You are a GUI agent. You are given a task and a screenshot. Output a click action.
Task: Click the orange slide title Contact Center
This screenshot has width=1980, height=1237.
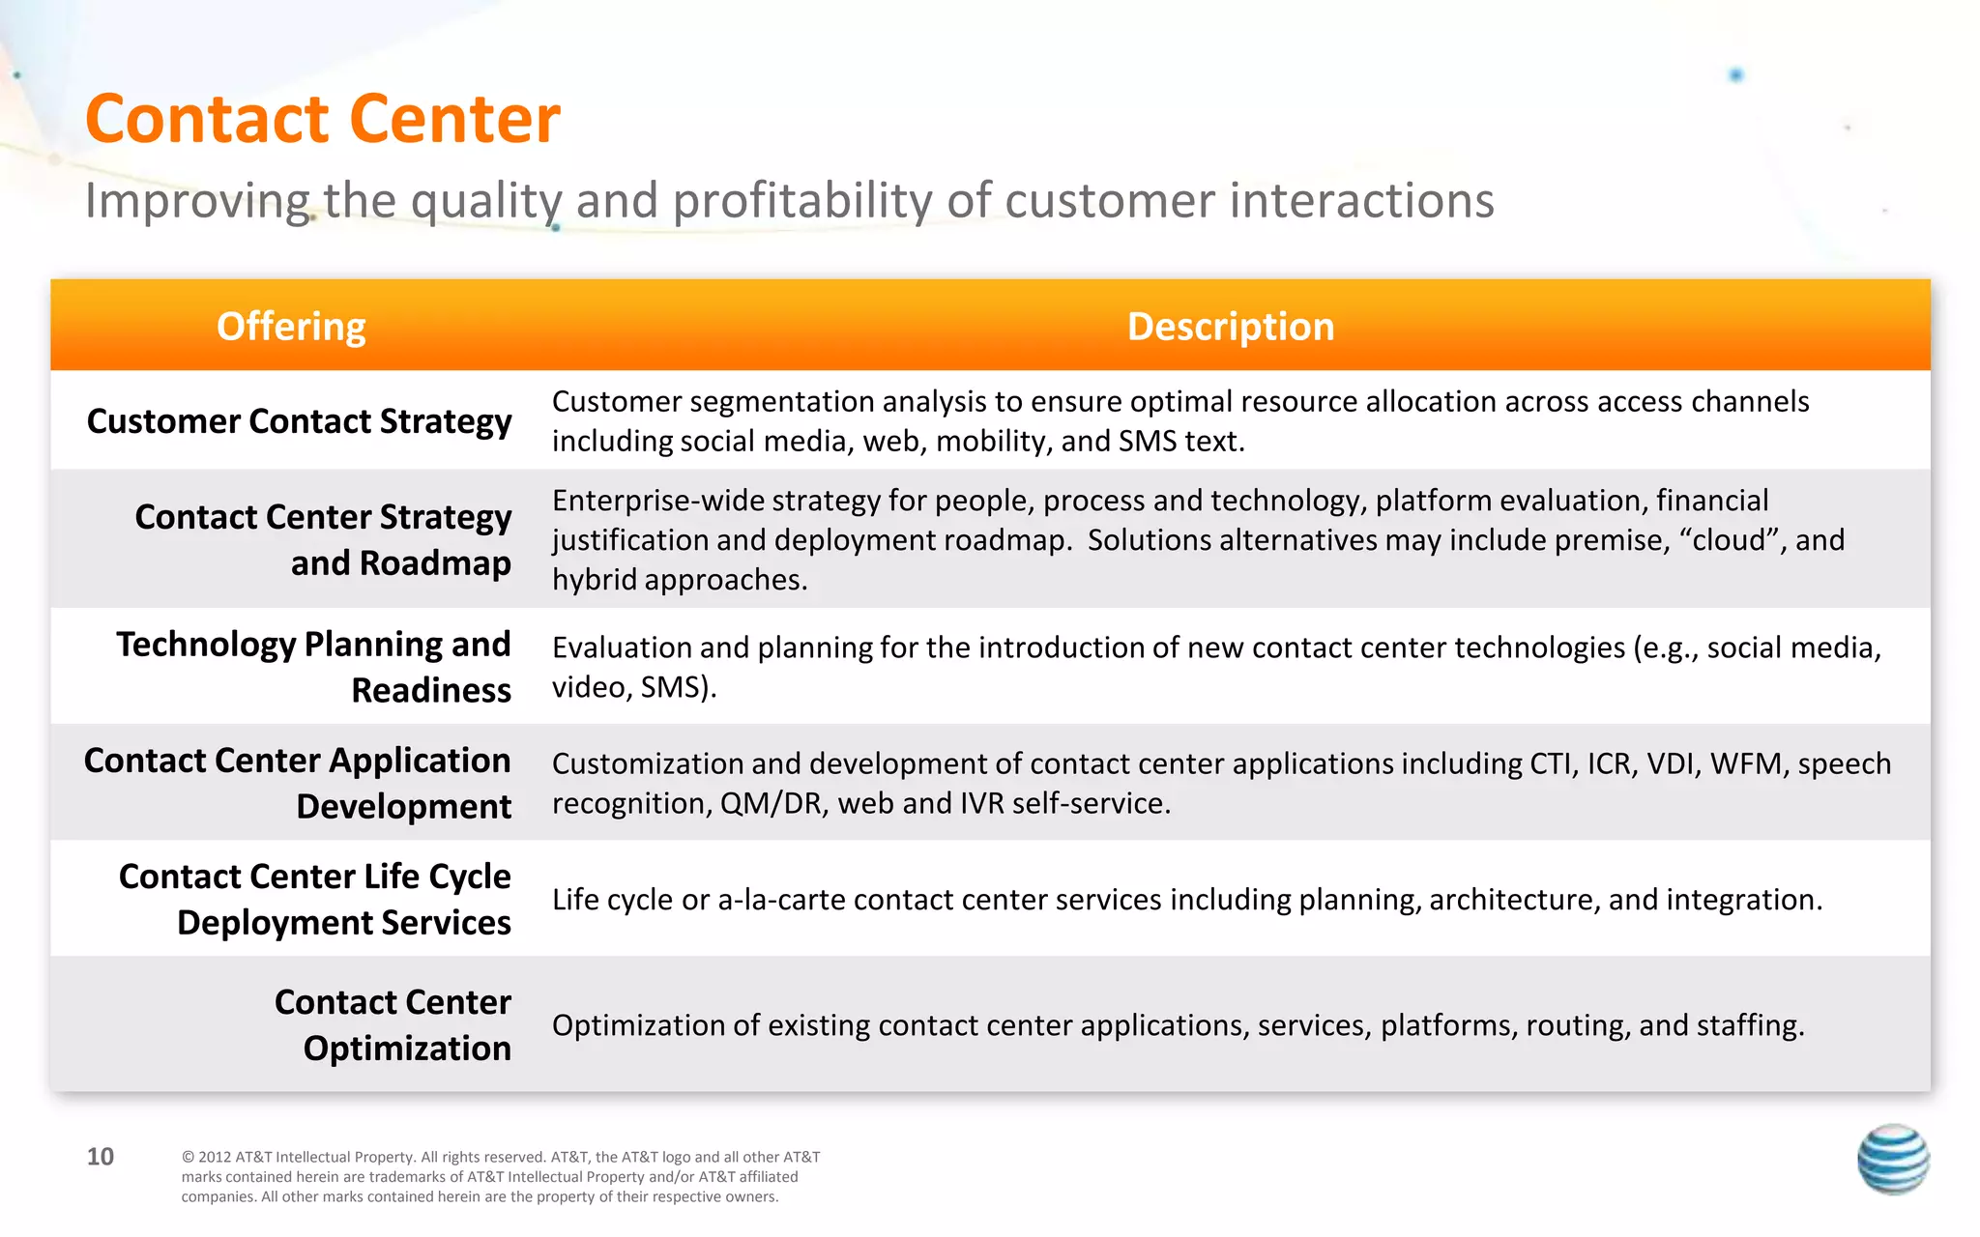click(322, 120)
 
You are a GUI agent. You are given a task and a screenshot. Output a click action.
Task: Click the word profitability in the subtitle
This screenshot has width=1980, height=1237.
click(802, 201)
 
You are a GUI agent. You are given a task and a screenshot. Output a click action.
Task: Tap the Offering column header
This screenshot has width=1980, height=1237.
click(291, 327)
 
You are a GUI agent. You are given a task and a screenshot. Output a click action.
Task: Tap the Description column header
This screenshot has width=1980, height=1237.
click(1230, 327)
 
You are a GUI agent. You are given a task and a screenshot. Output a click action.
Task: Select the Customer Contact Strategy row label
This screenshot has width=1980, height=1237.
click(299, 421)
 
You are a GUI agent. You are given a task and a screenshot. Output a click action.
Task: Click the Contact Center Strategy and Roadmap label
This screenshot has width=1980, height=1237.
click(323, 539)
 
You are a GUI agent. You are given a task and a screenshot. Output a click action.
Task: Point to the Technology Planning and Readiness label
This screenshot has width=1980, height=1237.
click(314, 667)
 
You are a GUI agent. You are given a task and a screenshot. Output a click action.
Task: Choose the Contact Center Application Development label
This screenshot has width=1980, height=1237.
click(298, 783)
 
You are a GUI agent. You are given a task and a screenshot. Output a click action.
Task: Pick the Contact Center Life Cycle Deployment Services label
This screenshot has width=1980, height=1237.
click(315, 899)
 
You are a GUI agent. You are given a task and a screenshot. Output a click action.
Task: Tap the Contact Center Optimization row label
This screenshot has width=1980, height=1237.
click(393, 1024)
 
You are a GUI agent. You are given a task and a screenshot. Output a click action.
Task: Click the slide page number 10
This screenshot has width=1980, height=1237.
click(101, 1157)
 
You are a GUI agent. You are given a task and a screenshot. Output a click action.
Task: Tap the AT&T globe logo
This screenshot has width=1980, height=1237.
click(1893, 1160)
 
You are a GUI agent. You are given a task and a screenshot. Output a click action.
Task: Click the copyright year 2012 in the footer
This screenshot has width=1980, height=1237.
click(214, 1157)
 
